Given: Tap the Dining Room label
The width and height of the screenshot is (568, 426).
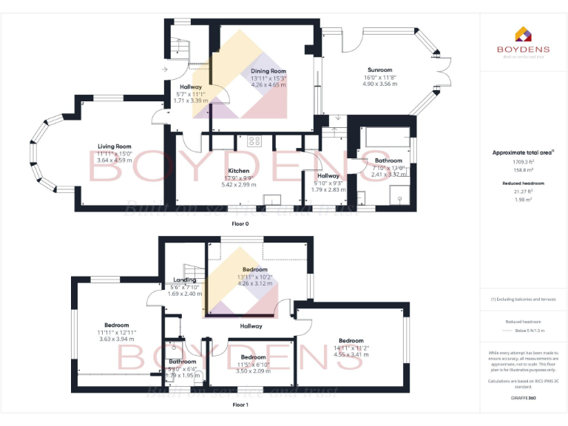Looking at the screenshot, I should coord(268,71).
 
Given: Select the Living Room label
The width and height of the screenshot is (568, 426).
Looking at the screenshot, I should coord(114,146).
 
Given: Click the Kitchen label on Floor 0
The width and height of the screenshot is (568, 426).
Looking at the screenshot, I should coord(238,171).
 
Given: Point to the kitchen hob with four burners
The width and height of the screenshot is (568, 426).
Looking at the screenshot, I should coord(255,141).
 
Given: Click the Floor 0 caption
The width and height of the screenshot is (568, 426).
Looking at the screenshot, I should coord(240,223).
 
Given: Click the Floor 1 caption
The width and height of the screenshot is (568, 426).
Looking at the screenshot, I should coord(240,405).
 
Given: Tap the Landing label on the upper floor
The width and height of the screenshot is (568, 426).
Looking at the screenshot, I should coord(184,280).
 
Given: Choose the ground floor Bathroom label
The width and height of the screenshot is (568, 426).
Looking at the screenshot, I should coord(388,160).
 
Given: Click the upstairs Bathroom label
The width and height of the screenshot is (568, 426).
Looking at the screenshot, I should coord(182,361).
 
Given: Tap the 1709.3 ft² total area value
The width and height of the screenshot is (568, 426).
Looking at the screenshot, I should coord(523,160).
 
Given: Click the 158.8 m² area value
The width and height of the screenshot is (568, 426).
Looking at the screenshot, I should coord(523,169).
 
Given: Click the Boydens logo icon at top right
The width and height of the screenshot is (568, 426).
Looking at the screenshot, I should coord(523,35).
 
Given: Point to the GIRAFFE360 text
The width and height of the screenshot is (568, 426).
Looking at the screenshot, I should coord(523,399).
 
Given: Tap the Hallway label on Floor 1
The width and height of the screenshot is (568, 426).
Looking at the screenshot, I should coord(251,325).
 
